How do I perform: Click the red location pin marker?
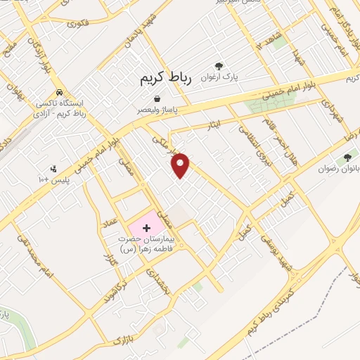tap(181, 165)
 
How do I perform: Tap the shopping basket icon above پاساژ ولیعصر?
tap(156, 98)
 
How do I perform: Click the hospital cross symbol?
tap(146, 228)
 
